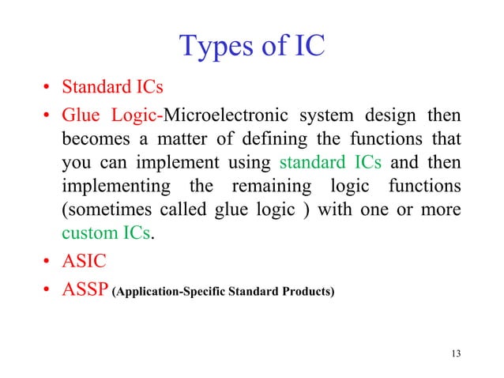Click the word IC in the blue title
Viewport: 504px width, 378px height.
[x=307, y=47]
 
